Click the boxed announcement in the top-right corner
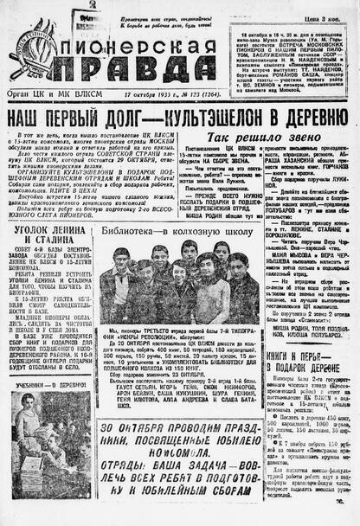293,51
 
